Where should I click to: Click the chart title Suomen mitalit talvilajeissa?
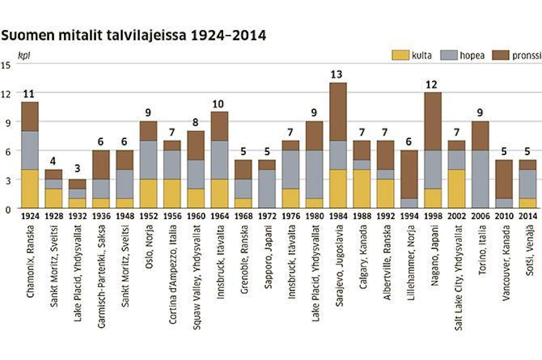[x=133, y=36]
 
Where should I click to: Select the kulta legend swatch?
[x=400, y=55]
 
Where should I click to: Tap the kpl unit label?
[x=24, y=55]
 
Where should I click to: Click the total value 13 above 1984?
[x=337, y=74]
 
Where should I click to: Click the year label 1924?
[x=29, y=215]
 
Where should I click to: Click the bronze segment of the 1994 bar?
[x=408, y=174]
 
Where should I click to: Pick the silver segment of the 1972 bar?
[x=266, y=189]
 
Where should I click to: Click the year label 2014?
[x=527, y=215]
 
